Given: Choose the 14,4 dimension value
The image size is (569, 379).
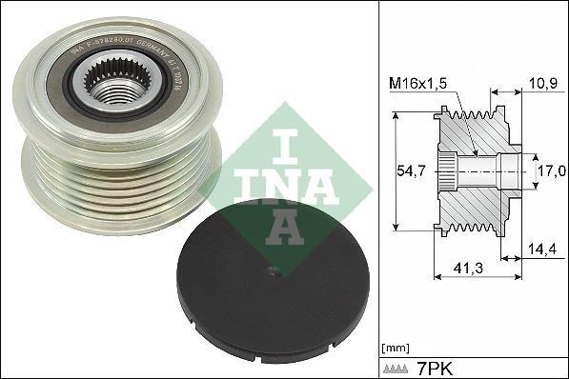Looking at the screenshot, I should (539, 250).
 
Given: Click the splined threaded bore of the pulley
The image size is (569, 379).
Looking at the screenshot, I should (113, 86).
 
